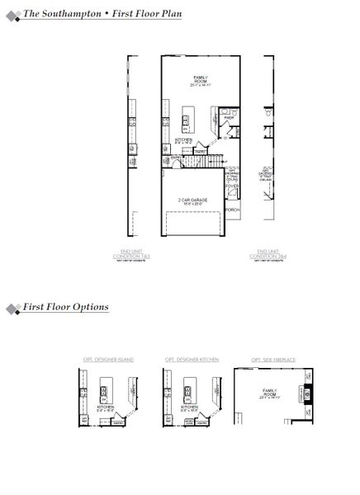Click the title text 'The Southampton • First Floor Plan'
tap(102, 14)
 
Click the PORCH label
tap(233, 210)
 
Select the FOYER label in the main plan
tap(232, 186)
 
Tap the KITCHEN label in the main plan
tap(184, 139)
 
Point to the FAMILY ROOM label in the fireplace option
tap(269, 393)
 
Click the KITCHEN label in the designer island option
tap(106, 407)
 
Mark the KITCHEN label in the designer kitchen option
tap(187, 407)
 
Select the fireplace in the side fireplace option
tap(308, 390)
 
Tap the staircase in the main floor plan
tap(212, 157)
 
